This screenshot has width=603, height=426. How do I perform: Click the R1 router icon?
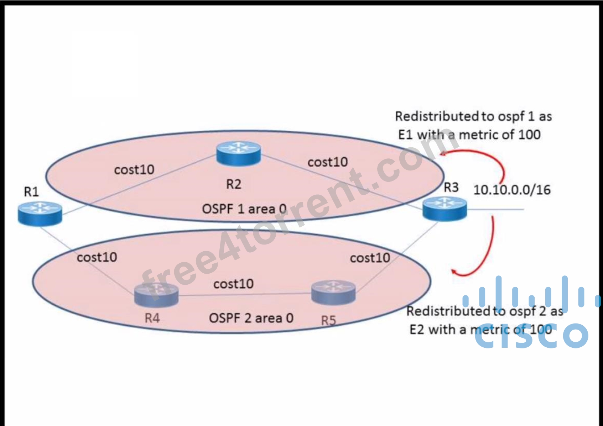(x=40, y=214)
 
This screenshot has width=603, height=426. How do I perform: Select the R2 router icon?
(x=239, y=153)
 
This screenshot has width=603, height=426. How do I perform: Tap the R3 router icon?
(x=445, y=209)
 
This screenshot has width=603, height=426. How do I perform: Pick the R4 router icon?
(x=156, y=295)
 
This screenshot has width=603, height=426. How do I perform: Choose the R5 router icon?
(x=333, y=292)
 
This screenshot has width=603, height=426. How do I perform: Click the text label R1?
(x=31, y=192)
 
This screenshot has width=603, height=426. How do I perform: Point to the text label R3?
(x=451, y=187)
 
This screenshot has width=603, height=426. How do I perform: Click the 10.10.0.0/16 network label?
(x=512, y=190)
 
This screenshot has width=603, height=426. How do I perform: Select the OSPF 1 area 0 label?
(x=244, y=209)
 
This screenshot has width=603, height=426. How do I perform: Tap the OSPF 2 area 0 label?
(x=251, y=318)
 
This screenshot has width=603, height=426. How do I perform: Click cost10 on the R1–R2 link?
(x=134, y=170)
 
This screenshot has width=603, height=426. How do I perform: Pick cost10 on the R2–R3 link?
(x=328, y=162)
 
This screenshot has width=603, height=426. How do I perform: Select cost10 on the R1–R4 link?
(x=97, y=257)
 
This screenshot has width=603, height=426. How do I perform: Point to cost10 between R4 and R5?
(x=233, y=284)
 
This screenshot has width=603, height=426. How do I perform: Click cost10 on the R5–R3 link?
(x=370, y=258)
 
